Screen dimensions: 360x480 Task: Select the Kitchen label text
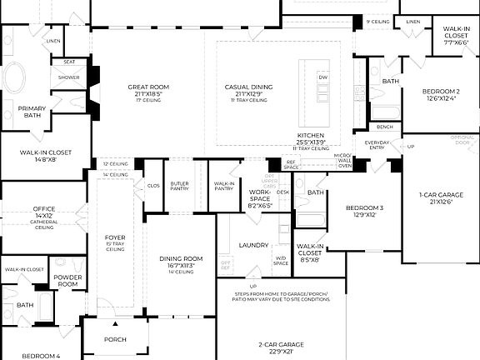click(x=311, y=135)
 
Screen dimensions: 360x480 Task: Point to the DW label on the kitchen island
click(x=323, y=77)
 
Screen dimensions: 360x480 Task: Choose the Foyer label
click(x=115, y=237)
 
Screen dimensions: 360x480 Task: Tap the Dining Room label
click(x=181, y=259)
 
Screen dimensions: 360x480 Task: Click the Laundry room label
click(x=252, y=245)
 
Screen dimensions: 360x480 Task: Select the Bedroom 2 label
click(x=441, y=91)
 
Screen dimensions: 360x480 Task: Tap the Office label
click(x=44, y=209)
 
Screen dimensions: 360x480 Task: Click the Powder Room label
click(x=66, y=280)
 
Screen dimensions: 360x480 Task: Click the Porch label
click(x=115, y=340)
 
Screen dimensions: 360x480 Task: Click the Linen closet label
click(x=53, y=40)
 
